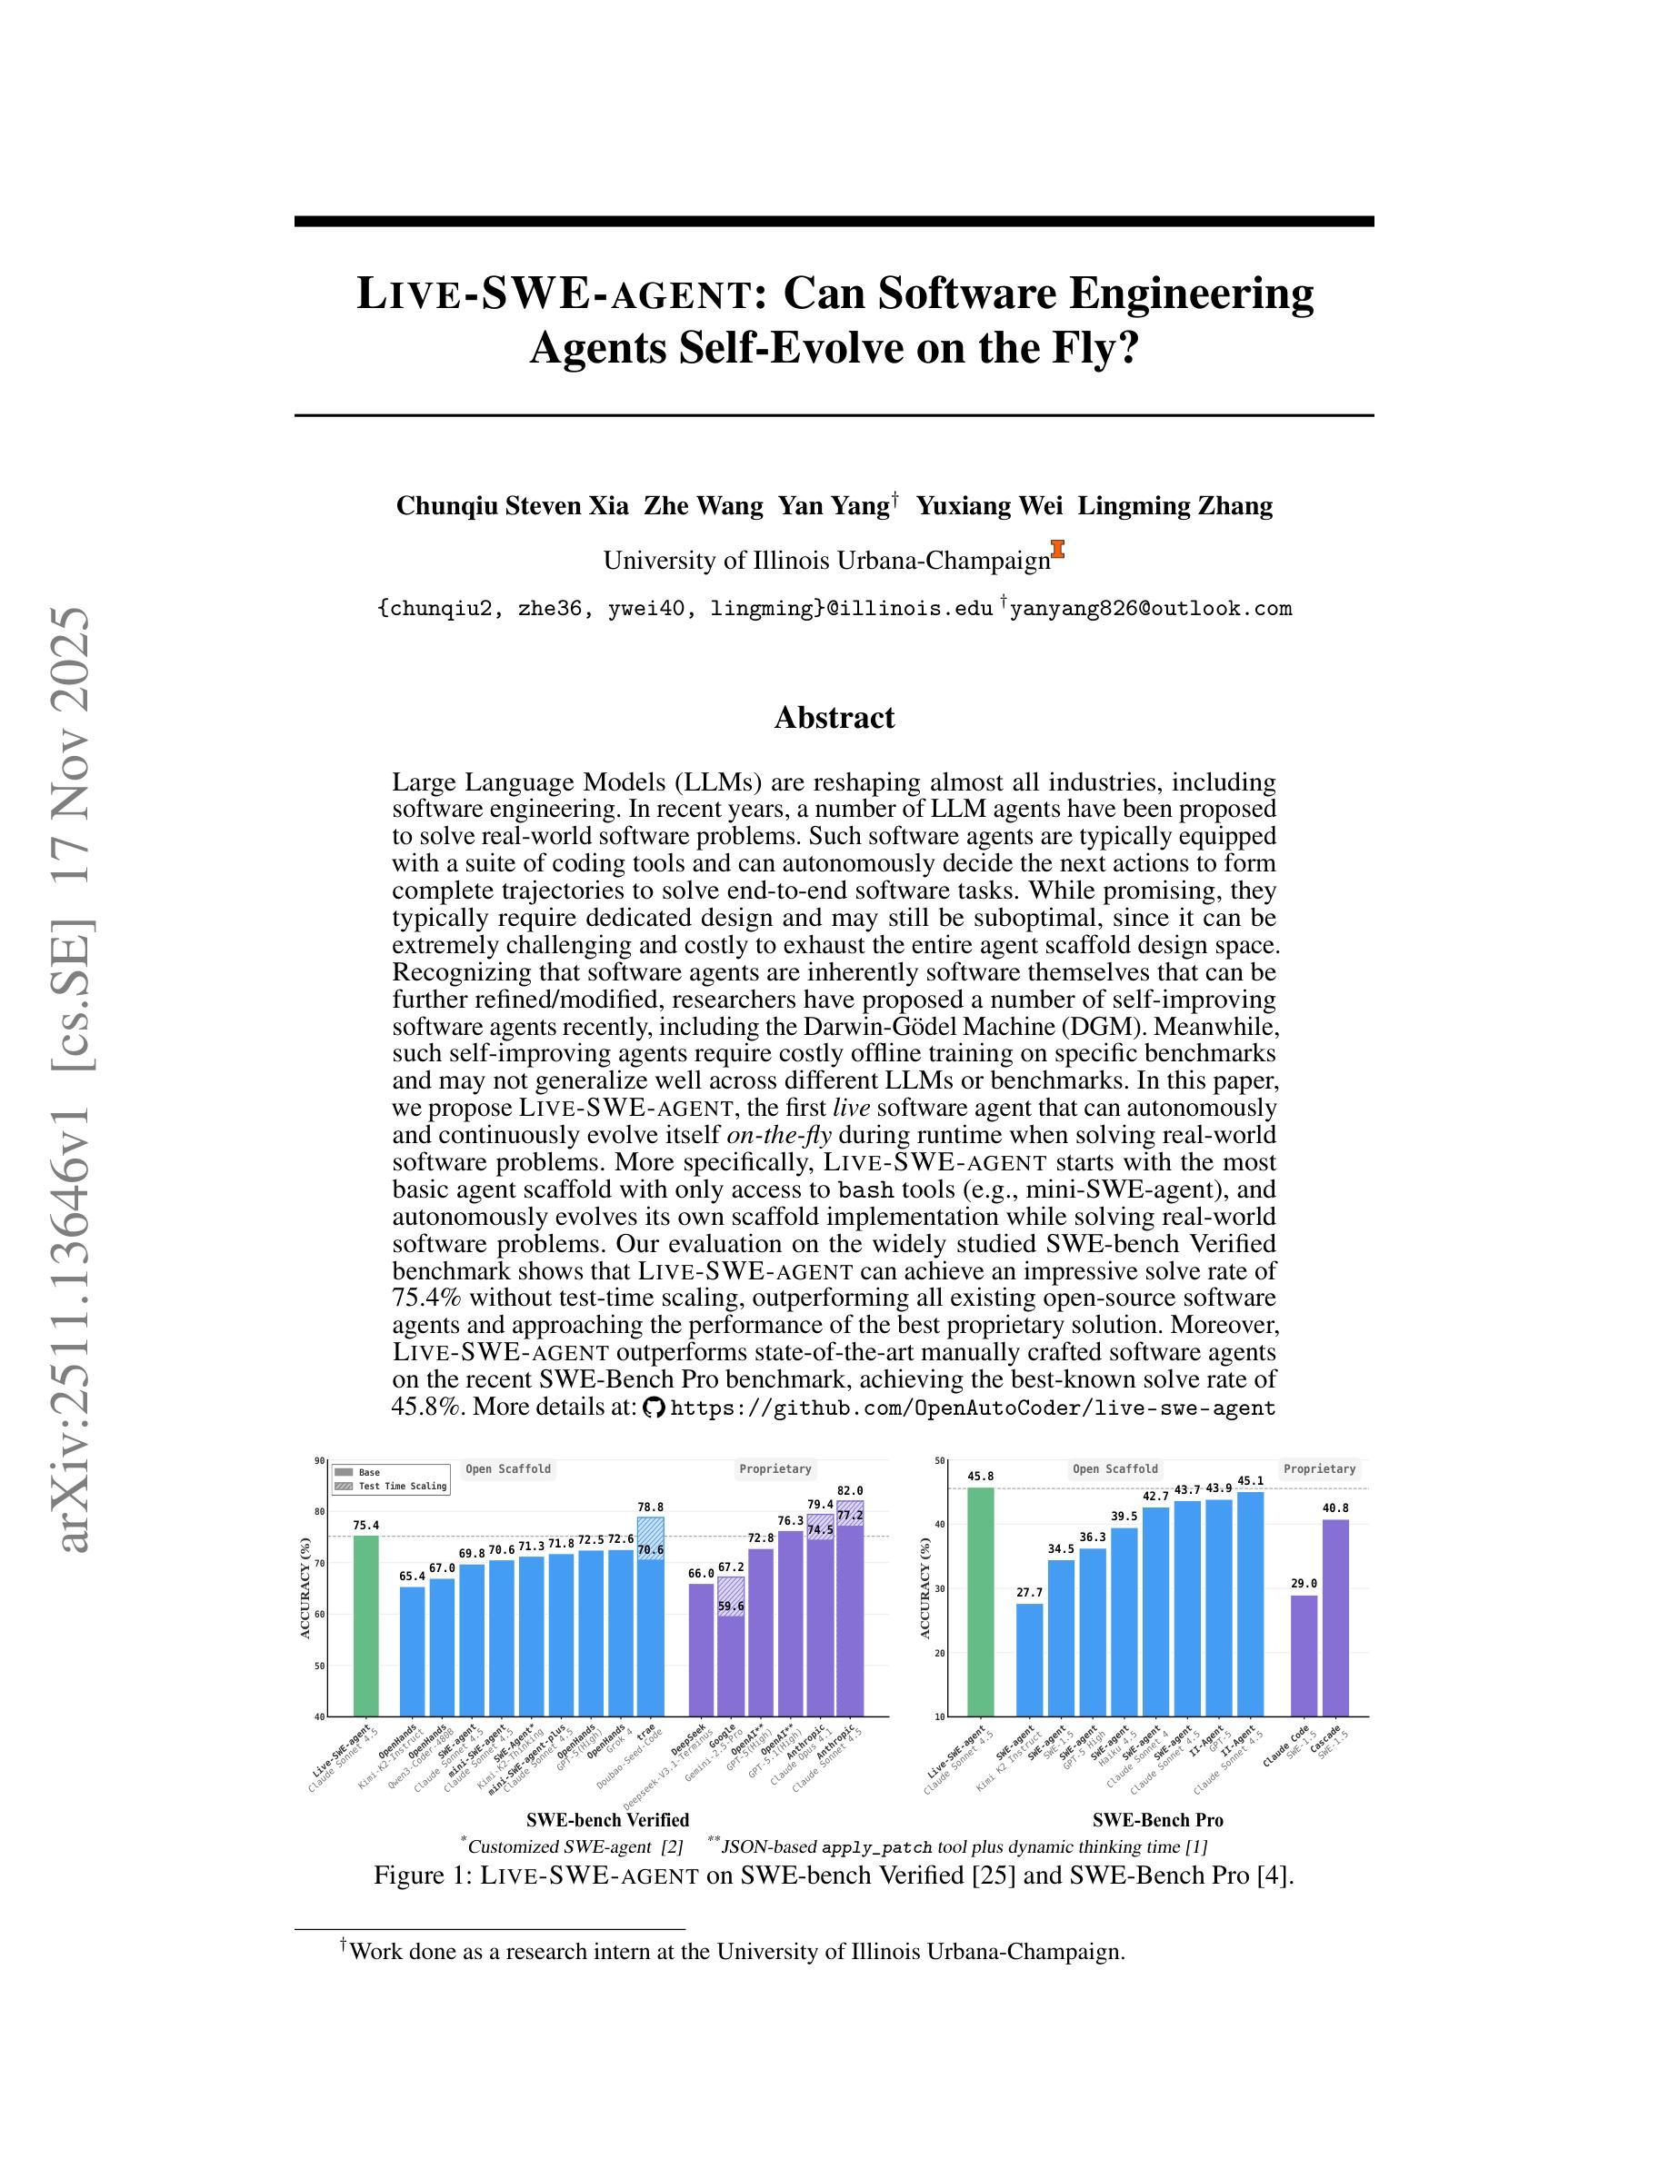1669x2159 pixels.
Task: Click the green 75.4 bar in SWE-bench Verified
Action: pyautogui.click(x=365, y=1626)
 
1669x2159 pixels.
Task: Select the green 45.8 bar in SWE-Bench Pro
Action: pyautogui.click(x=980, y=1601)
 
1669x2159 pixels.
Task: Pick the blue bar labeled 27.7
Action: pyautogui.click(x=1029, y=1660)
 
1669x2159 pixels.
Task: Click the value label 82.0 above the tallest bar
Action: pyautogui.click(x=849, y=1491)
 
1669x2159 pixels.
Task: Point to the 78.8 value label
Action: pyautogui.click(x=650, y=1507)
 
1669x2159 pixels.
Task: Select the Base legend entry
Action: pyautogui.click(x=368, y=1472)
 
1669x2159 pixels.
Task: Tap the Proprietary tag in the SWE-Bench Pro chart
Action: pyautogui.click(x=1319, y=1469)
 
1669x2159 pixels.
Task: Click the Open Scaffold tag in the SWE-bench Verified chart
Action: pyautogui.click(x=508, y=1469)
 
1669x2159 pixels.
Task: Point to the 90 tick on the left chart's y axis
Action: pyautogui.click(x=319, y=1460)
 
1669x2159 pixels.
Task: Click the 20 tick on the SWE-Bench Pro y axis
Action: pyautogui.click(x=938, y=1653)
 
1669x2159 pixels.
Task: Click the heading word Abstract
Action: pyautogui.click(x=834, y=718)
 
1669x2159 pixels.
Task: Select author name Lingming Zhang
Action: pyautogui.click(x=1174, y=506)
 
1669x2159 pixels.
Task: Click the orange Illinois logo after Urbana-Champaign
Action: pyautogui.click(x=1058, y=550)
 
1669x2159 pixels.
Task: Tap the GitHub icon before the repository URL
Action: pyautogui.click(x=653, y=1408)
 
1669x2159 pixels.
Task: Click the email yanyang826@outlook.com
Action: pyautogui.click(x=1150, y=609)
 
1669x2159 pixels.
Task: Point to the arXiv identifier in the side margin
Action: pyautogui.click(x=76, y=1078)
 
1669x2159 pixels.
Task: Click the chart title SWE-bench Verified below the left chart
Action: pyautogui.click(x=607, y=1820)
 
